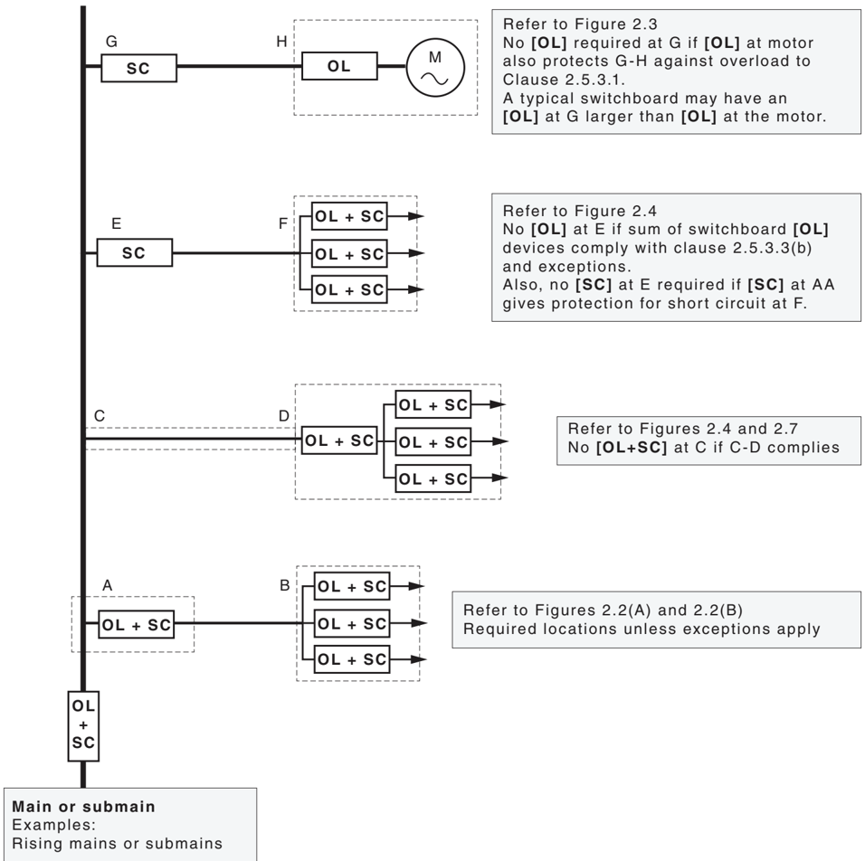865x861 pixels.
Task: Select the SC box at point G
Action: [x=138, y=68]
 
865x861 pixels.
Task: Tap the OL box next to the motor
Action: [x=339, y=66]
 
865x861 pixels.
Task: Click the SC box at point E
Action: [x=134, y=252]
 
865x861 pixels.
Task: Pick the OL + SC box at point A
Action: [x=137, y=624]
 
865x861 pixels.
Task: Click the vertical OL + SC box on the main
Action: [x=83, y=726]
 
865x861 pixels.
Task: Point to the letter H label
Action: [x=282, y=42]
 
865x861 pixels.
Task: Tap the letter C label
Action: [x=100, y=415]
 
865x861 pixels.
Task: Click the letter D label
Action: [x=283, y=416]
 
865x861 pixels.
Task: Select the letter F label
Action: [x=283, y=223]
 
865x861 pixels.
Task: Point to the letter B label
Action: [x=285, y=585]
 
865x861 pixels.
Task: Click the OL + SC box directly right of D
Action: [x=339, y=440]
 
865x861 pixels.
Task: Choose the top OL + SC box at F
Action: [x=349, y=216]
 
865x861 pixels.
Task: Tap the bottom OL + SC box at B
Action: [x=352, y=659]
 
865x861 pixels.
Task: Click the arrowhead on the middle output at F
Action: [x=416, y=253]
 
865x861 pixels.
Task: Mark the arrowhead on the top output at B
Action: [x=416, y=586]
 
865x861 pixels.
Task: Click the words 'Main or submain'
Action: [x=84, y=807]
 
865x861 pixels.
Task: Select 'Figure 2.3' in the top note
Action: [x=616, y=24]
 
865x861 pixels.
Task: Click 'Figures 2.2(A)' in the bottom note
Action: [x=624, y=610]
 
